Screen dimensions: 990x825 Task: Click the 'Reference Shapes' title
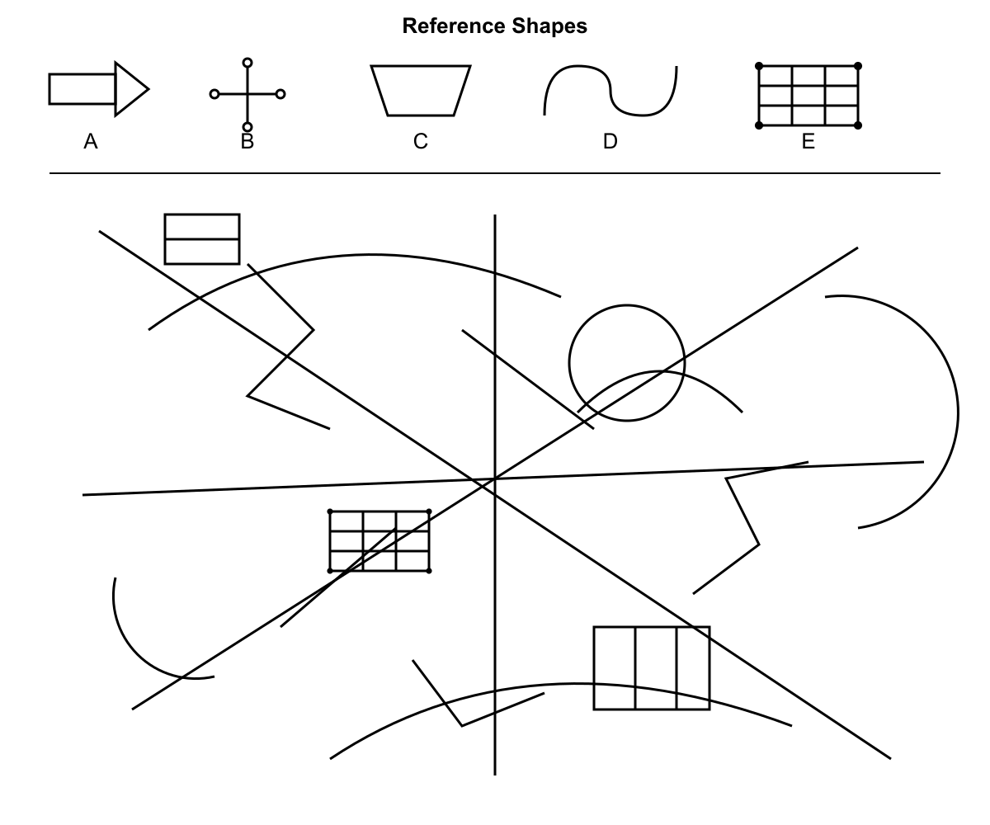[494, 26]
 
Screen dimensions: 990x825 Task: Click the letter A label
[91, 141]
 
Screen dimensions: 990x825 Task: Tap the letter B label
[247, 141]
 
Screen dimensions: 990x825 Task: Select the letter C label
[421, 141]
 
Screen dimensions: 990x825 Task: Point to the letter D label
[610, 141]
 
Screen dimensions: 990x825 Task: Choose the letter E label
[808, 141]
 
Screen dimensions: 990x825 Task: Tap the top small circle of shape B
[247, 63]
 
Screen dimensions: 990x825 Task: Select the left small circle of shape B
[214, 94]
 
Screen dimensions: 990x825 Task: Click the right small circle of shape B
[280, 94]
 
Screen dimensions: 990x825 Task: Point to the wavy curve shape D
[610, 90]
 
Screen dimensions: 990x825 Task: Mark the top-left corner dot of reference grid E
[759, 66]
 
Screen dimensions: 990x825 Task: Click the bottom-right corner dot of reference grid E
[858, 125]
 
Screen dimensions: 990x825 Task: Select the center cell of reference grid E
[808, 96]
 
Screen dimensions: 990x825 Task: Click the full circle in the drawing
[627, 305]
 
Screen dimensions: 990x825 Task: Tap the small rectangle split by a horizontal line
[202, 239]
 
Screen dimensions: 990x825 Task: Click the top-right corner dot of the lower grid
[429, 511]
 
